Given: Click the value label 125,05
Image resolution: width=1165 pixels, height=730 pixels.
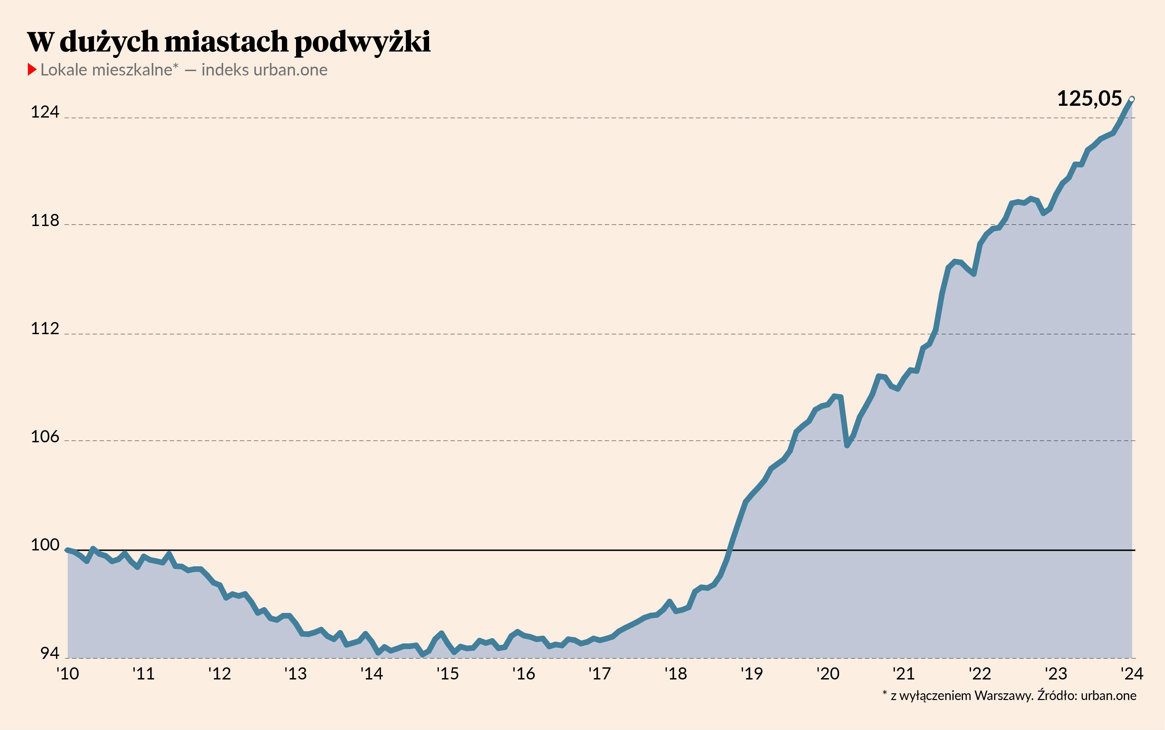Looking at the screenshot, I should (1089, 99).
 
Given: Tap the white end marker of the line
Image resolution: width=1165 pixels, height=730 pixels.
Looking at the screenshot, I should (1132, 99).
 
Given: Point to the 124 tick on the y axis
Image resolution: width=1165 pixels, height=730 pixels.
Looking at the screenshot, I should (45, 112).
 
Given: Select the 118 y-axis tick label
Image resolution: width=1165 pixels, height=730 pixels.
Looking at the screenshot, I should (45, 221).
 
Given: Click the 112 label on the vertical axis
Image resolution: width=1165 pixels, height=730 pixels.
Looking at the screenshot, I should (45, 329).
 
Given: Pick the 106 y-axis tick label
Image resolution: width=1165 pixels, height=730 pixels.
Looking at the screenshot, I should (45, 437).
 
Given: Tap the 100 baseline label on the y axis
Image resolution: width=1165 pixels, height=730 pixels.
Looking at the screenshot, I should (45, 545).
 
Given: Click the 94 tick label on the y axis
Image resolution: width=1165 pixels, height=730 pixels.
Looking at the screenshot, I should (49, 654).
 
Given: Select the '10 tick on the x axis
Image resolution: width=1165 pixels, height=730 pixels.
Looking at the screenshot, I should (68, 673).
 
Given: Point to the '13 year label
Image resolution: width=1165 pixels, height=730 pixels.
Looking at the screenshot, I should (295, 673).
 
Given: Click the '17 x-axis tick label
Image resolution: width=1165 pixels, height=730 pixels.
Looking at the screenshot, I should (600, 673).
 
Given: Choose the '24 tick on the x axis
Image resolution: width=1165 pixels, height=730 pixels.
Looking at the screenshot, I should (1132, 673).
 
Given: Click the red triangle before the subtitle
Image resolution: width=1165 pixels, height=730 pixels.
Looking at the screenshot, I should (32, 69).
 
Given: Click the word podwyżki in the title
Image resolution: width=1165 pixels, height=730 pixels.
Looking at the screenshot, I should (362, 42).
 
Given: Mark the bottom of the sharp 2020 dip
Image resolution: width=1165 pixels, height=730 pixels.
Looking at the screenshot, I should (847, 445).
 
